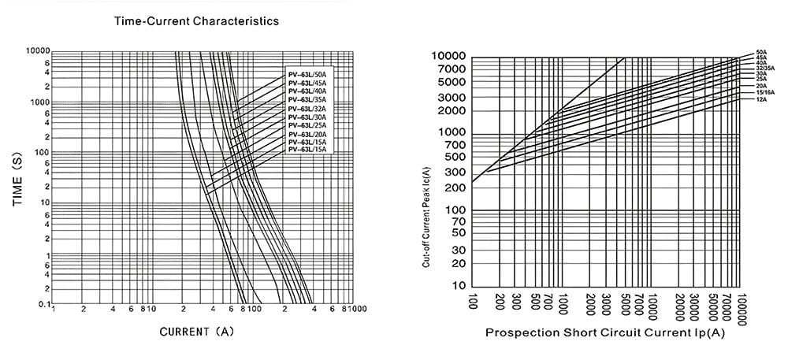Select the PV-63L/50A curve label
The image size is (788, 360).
click(307, 75)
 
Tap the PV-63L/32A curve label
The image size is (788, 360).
click(307, 109)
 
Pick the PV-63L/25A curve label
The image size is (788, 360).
click(307, 125)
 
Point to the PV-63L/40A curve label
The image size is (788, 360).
click(307, 91)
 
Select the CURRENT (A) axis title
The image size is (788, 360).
click(197, 332)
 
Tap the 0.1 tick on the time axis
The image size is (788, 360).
click(44, 304)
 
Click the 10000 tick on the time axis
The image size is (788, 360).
click(37, 51)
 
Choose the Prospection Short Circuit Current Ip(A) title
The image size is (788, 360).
click(604, 332)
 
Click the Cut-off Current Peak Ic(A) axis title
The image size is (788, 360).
click(426, 217)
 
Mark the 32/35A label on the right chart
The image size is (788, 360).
click(764, 69)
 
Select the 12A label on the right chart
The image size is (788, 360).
click(761, 100)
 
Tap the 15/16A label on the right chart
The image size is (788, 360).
click(764, 92)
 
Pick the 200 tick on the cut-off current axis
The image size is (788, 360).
click(455, 188)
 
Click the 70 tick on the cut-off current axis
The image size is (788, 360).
click(457, 223)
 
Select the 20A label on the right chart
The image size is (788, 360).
click(761, 85)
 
